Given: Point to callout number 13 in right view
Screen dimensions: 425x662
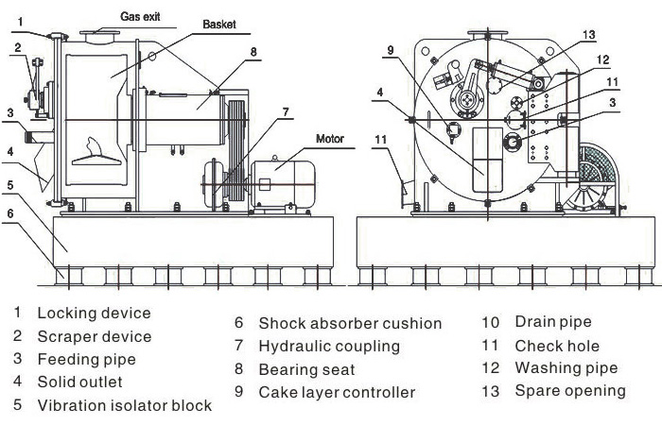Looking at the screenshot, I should click(x=588, y=35).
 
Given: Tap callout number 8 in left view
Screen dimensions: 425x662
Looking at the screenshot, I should click(x=253, y=51).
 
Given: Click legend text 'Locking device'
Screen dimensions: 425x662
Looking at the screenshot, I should click(x=94, y=313).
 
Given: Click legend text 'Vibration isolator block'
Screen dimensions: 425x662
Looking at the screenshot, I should click(x=124, y=406).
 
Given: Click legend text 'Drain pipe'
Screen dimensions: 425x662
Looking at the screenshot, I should click(x=553, y=323).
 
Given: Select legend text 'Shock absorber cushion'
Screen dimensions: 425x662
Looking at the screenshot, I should click(x=350, y=324).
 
